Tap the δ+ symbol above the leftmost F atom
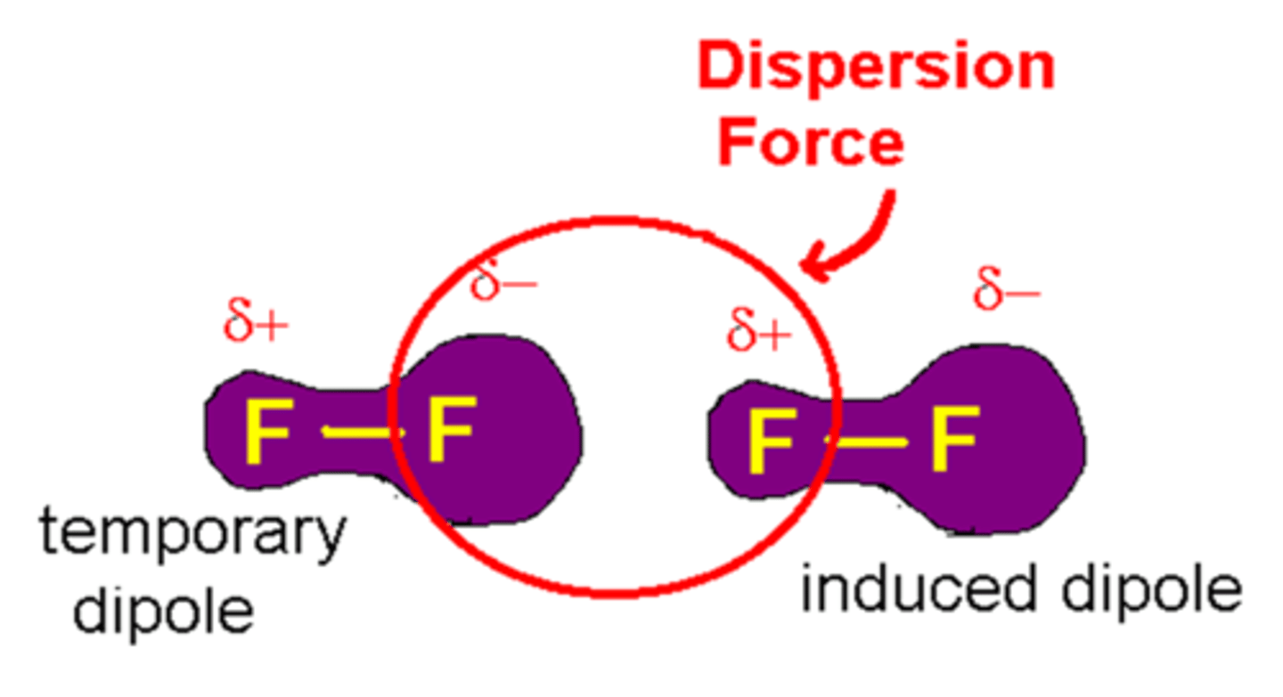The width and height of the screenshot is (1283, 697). click(x=256, y=324)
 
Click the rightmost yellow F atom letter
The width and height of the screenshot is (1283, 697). click(x=955, y=438)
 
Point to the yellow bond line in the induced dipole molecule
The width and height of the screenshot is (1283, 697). click(x=868, y=440)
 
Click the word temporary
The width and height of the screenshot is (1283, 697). click(x=191, y=535)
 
